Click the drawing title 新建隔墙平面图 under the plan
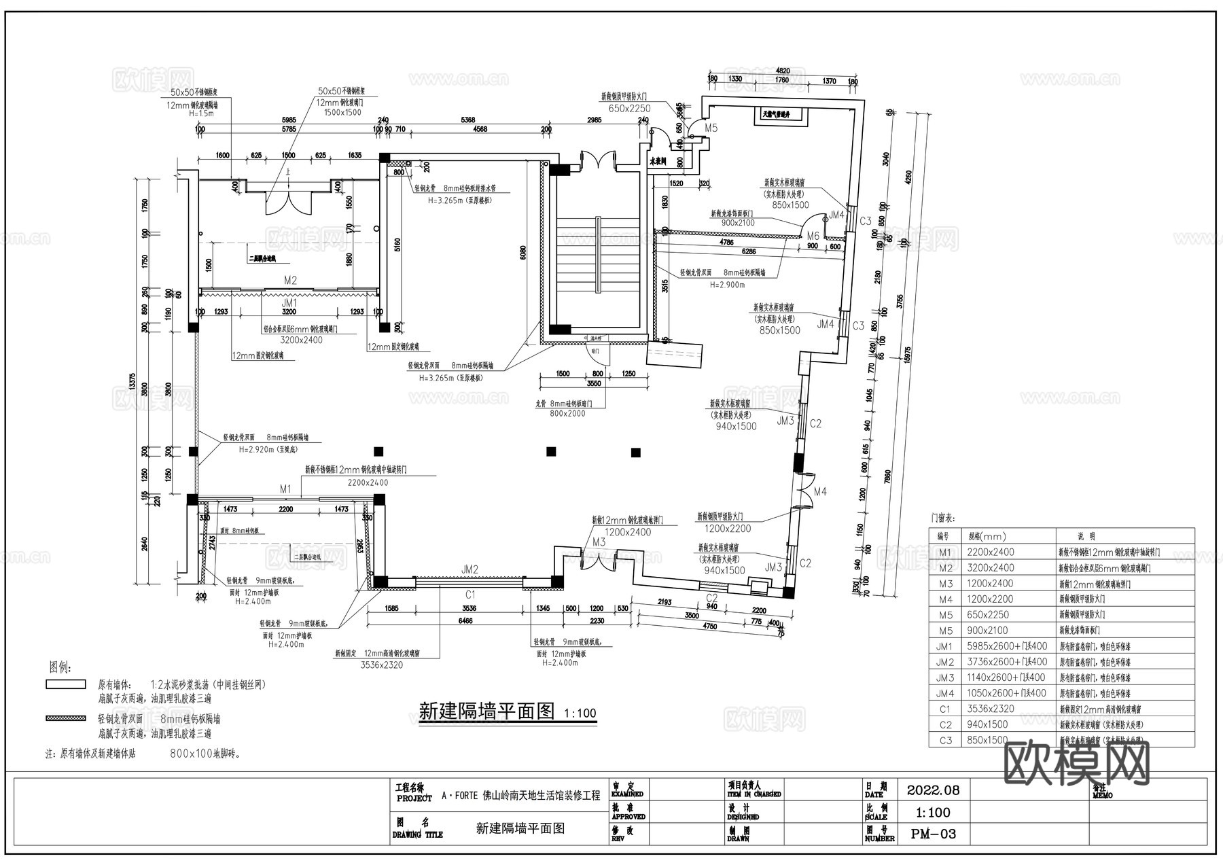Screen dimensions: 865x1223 click(487, 711)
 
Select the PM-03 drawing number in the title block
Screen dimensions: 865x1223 click(933, 834)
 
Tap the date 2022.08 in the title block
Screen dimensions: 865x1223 click(933, 790)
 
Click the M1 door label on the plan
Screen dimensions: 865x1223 click(285, 489)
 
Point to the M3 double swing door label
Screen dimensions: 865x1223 click(599, 542)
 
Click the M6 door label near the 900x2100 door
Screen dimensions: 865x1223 click(813, 236)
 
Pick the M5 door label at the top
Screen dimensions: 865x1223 click(711, 128)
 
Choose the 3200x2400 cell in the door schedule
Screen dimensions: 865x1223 click(990, 568)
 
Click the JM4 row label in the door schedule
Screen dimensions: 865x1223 click(945, 694)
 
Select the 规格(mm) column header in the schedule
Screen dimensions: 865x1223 click(987, 537)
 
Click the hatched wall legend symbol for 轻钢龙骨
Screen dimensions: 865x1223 click(66, 718)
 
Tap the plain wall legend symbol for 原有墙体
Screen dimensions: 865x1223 click(66, 684)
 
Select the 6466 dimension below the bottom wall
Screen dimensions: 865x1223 click(465, 621)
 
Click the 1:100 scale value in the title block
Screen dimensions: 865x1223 click(933, 813)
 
